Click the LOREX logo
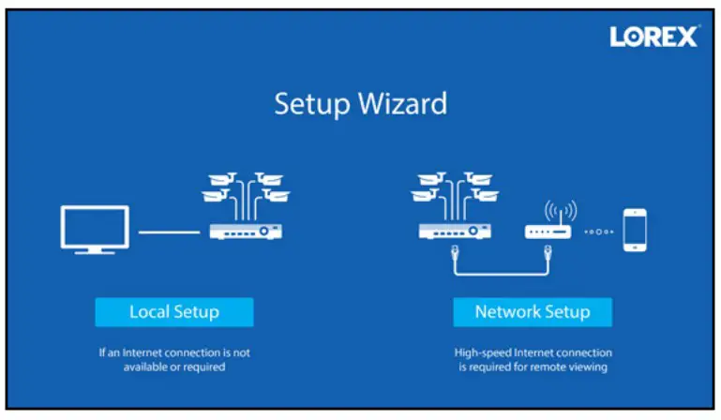click(x=653, y=37)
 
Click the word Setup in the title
click(x=308, y=103)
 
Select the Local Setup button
click(x=173, y=312)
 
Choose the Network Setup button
click(x=533, y=312)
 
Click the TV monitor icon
click(x=92, y=228)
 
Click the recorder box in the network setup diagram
click(x=455, y=231)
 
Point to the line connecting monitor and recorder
click(x=169, y=231)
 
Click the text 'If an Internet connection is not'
click(x=174, y=352)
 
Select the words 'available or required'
click(x=174, y=367)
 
